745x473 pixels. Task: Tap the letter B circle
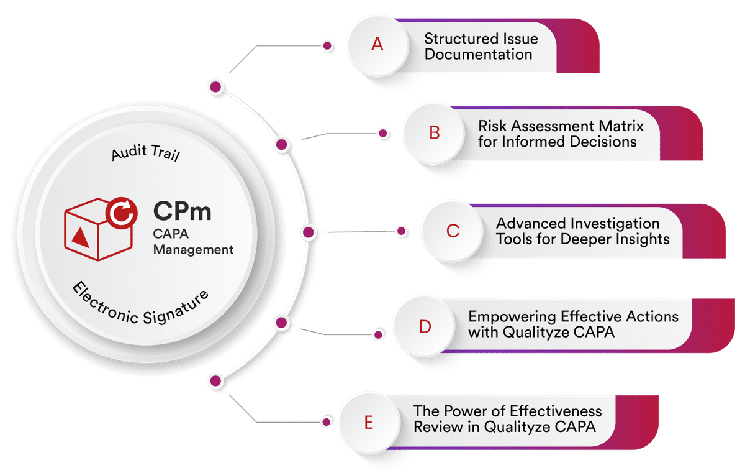coord(434,133)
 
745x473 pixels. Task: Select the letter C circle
coord(453,231)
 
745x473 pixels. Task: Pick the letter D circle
coord(425,327)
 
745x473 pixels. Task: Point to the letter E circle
coord(369,423)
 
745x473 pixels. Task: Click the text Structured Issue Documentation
coord(481,47)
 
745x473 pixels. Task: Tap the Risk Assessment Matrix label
coord(560,134)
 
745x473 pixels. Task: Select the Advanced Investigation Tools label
coord(582,231)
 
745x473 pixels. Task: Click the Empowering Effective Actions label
coord(573,324)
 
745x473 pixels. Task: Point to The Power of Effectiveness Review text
coord(508,419)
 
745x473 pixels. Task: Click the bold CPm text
coord(183,212)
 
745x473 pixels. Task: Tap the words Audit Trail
coord(146,153)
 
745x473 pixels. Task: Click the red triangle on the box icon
coord(79,236)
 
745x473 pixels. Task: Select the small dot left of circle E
coord(325,422)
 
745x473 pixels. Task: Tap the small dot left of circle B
coord(384,132)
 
